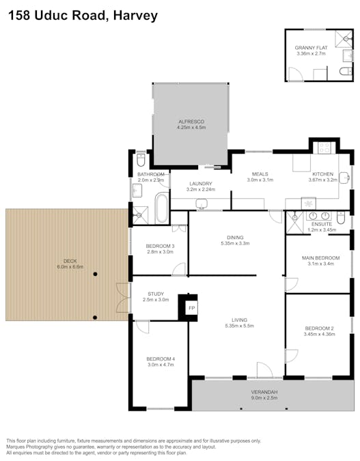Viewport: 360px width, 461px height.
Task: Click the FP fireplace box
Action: click(191, 309)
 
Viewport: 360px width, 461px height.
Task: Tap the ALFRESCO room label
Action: click(191, 122)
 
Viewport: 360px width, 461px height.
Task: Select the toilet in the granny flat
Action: click(344, 72)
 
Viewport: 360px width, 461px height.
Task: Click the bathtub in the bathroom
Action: click(161, 208)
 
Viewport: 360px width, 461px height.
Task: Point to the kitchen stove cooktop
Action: click(323, 147)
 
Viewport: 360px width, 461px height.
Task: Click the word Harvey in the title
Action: click(136, 15)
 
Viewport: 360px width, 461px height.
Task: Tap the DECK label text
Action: click(70, 261)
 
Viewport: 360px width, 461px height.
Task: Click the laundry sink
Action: click(202, 204)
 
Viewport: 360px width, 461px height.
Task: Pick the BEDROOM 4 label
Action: click(161, 359)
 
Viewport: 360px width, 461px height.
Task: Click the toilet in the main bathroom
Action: click(140, 161)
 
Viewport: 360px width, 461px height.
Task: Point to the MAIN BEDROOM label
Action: click(320, 257)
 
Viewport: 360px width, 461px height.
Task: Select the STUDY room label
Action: click(156, 294)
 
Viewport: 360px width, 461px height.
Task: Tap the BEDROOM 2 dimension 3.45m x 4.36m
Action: click(320, 334)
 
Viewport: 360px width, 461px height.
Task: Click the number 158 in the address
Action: click(21, 15)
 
